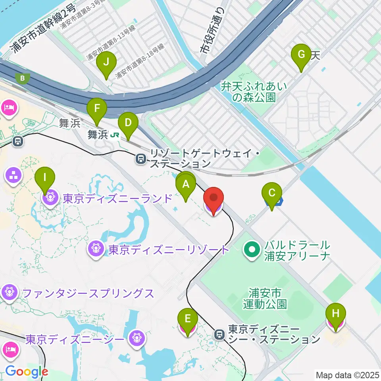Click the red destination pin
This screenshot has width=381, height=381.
tap(214, 198)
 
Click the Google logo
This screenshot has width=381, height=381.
tap(26, 372)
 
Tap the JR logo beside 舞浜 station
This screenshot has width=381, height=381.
tap(115, 135)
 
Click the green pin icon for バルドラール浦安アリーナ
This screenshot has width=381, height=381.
tap(252, 250)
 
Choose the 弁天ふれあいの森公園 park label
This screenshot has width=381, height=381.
tap(254, 91)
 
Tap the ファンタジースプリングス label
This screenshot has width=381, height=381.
tap(88, 294)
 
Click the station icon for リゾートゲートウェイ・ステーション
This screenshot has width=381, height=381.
tap(140, 159)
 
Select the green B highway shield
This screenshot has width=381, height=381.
tap(23, 78)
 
